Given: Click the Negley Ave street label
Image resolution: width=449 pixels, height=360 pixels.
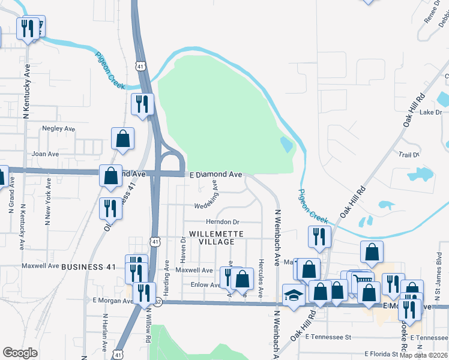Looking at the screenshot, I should point(58,128).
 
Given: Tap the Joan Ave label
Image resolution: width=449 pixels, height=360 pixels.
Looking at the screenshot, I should point(45,154).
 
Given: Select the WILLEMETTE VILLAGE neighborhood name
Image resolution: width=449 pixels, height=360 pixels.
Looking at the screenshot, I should point(212,237).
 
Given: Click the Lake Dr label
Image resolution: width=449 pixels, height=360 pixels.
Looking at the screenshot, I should point(430,112).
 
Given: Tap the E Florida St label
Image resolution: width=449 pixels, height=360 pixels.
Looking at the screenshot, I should point(379,355).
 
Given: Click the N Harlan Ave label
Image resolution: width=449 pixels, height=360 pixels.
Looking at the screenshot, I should point(104,332).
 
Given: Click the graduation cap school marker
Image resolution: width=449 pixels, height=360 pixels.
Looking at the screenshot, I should point(294,295).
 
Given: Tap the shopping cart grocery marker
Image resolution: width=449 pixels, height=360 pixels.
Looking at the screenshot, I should point(361,280).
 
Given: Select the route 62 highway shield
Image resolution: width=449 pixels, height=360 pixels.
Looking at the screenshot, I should point(157,303).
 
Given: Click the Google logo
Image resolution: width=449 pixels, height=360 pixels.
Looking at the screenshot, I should point(19,353).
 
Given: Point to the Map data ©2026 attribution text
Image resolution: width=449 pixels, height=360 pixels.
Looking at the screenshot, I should point(424,355).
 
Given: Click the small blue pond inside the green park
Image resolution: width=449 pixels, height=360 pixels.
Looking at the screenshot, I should point(286,144).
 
